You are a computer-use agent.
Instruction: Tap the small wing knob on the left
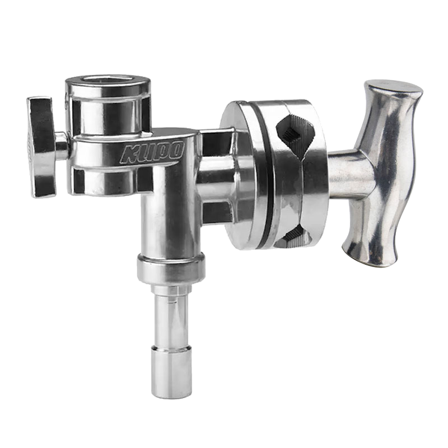tap(42, 147)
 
